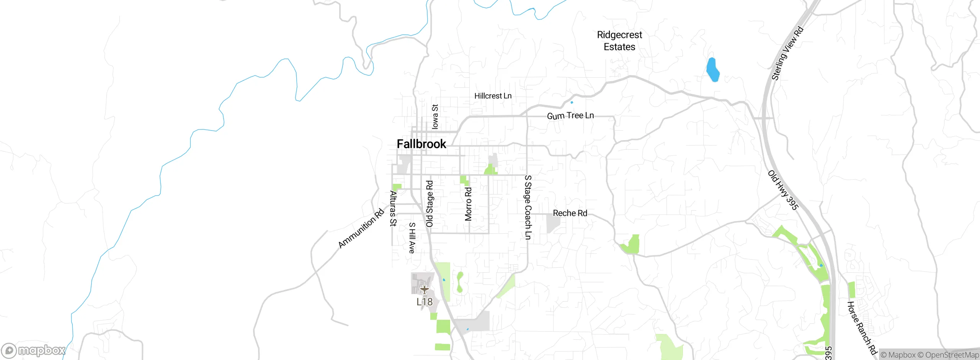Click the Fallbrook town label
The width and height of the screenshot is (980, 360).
coord(421,144)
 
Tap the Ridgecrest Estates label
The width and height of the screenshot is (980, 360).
coord(619,41)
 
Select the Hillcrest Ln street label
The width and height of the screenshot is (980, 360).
coord(493,96)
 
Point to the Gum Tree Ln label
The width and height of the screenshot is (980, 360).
coord(570,116)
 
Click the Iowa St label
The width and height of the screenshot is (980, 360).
coord(435,116)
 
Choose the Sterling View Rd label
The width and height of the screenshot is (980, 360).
coord(787,53)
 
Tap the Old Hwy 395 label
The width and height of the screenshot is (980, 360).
coord(783,190)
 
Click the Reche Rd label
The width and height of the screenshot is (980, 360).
coord(570,213)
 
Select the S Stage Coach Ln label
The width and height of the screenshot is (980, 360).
coord(528,207)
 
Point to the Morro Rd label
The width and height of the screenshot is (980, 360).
coord(468,204)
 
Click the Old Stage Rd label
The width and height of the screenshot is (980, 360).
coord(430,204)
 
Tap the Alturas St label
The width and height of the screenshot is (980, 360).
coord(393,208)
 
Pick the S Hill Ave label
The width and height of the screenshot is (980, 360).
coord(412,238)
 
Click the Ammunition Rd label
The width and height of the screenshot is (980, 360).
coord(361,228)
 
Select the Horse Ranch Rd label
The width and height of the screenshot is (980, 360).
coord(862,328)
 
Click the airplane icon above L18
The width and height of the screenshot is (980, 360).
coord(424,290)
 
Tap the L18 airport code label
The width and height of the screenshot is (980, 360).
coord(425,302)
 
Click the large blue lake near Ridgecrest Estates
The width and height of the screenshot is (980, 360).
coord(712,70)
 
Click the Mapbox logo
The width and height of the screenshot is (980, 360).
coord(33,350)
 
